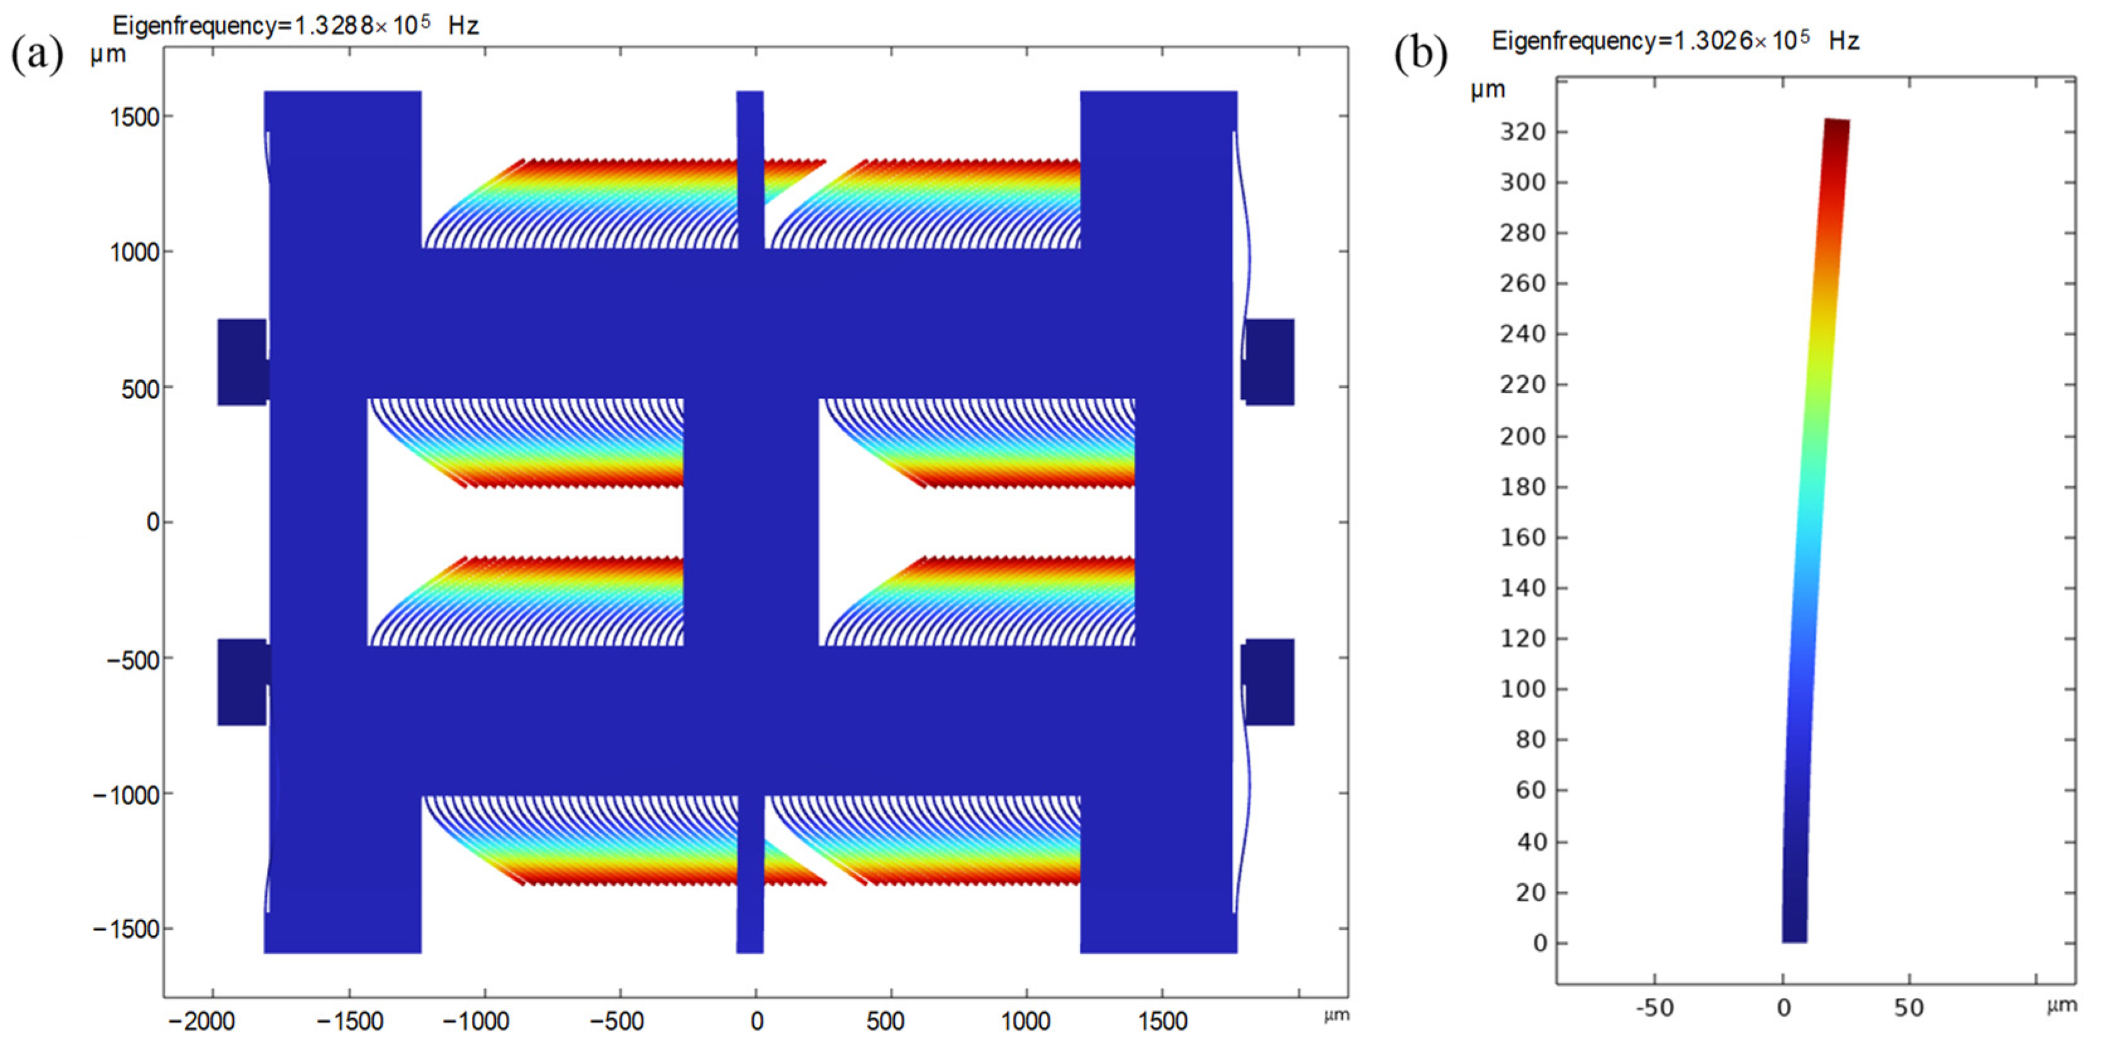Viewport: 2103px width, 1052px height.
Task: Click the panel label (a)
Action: (x=36, y=55)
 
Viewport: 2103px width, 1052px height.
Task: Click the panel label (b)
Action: (x=1420, y=55)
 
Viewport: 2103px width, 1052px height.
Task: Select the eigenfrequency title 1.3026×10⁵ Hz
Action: (x=1674, y=41)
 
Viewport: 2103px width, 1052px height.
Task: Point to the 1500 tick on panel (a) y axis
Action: (x=134, y=117)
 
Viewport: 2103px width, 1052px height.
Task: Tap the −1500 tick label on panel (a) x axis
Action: (x=349, y=1021)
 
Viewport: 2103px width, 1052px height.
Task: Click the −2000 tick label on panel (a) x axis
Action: (x=201, y=1021)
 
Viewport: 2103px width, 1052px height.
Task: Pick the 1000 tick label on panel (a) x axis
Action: (x=1025, y=1021)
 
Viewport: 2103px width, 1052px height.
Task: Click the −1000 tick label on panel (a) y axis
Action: (x=126, y=795)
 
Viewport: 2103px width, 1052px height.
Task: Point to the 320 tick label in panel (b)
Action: (x=1523, y=132)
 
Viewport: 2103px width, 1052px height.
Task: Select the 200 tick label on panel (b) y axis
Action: (x=1523, y=436)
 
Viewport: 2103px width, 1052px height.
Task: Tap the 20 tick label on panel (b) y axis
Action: (x=1531, y=893)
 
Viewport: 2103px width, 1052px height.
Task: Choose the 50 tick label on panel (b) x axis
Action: (x=1909, y=1008)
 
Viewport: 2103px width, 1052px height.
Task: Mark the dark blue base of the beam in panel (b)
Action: (x=1795, y=927)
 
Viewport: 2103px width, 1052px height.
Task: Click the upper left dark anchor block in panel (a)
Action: (x=242, y=362)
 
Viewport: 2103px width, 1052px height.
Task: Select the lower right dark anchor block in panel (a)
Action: (x=1269, y=682)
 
